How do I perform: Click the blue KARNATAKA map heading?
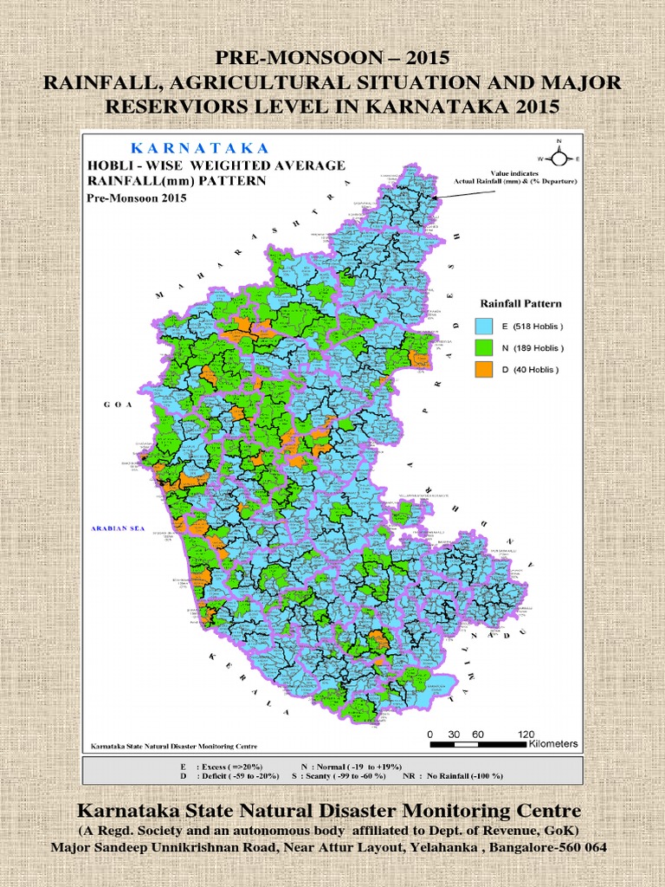(x=199, y=148)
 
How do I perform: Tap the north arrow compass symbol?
(x=559, y=158)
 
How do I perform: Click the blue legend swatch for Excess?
(x=483, y=327)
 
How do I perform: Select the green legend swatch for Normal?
(x=483, y=348)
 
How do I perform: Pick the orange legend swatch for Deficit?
(x=483, y=370)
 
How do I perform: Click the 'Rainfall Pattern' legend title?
(x=520, y=304)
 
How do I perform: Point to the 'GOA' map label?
(x=115, y=405)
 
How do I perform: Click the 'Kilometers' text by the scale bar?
(x=552, y=744)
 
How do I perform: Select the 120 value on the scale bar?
(x=526, y=733)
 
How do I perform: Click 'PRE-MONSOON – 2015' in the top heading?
(x=332, y=59)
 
